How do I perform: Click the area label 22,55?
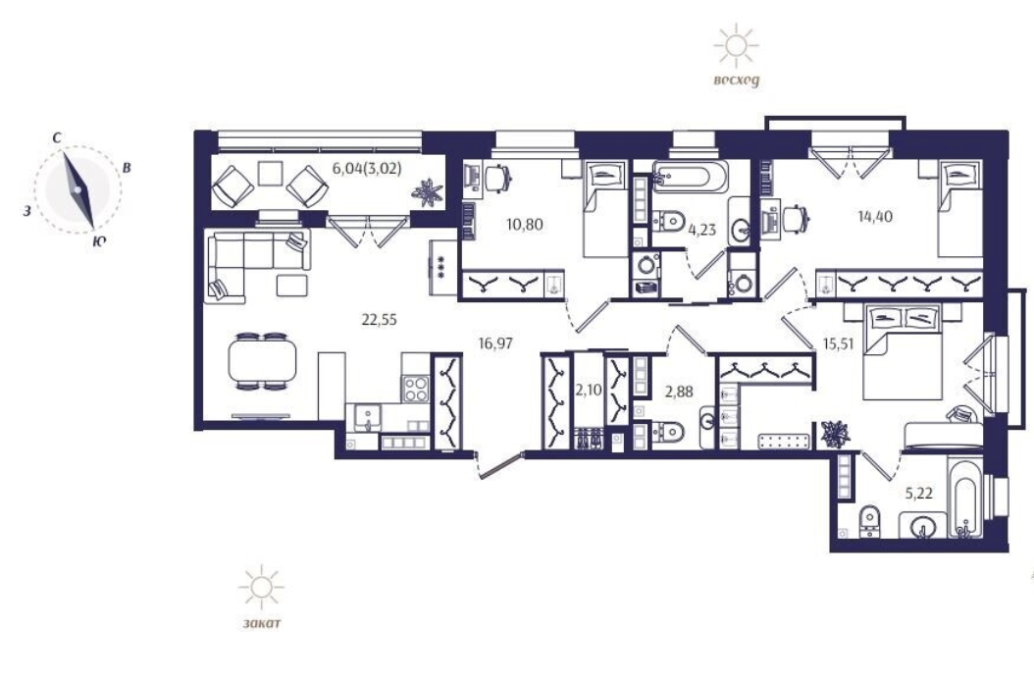point(380,320)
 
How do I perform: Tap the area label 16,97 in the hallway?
point(495,343)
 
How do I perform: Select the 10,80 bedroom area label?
point(525,225)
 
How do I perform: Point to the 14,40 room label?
point(875,216)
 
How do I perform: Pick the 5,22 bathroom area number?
point(918,493)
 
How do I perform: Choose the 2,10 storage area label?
point(589,390)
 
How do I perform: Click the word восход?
point(736,79)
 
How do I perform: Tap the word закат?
point(261,622)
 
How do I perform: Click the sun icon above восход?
point(736,45)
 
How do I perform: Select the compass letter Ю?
point(98,241)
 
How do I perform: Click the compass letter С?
point(57,138)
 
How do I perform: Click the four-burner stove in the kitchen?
point(416,388)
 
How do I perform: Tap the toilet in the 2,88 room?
point(666,432)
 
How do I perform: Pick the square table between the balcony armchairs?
point(270,173)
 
